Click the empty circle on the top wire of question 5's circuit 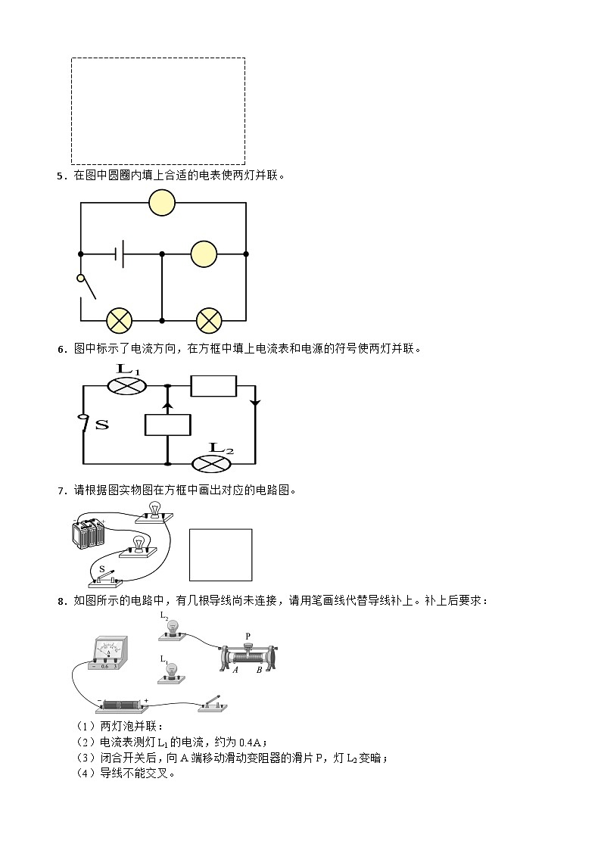click(x=161, y=203)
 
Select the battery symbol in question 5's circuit click(x=120, y=254)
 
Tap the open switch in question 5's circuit click(x=87, y=287)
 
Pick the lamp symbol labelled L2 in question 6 click(x=211, y=463)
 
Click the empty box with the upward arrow click(x=167, y=425)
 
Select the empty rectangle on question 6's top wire click(x=213, y=386)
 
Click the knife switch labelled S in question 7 click(x=105, y=579)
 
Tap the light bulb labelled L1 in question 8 click(x=173, y=672)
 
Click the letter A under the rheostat click(x=235, y=670)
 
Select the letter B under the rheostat click(x=259, y=670)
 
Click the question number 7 click(x=60, y=491)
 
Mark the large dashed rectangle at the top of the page click(x=157, y=111)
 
